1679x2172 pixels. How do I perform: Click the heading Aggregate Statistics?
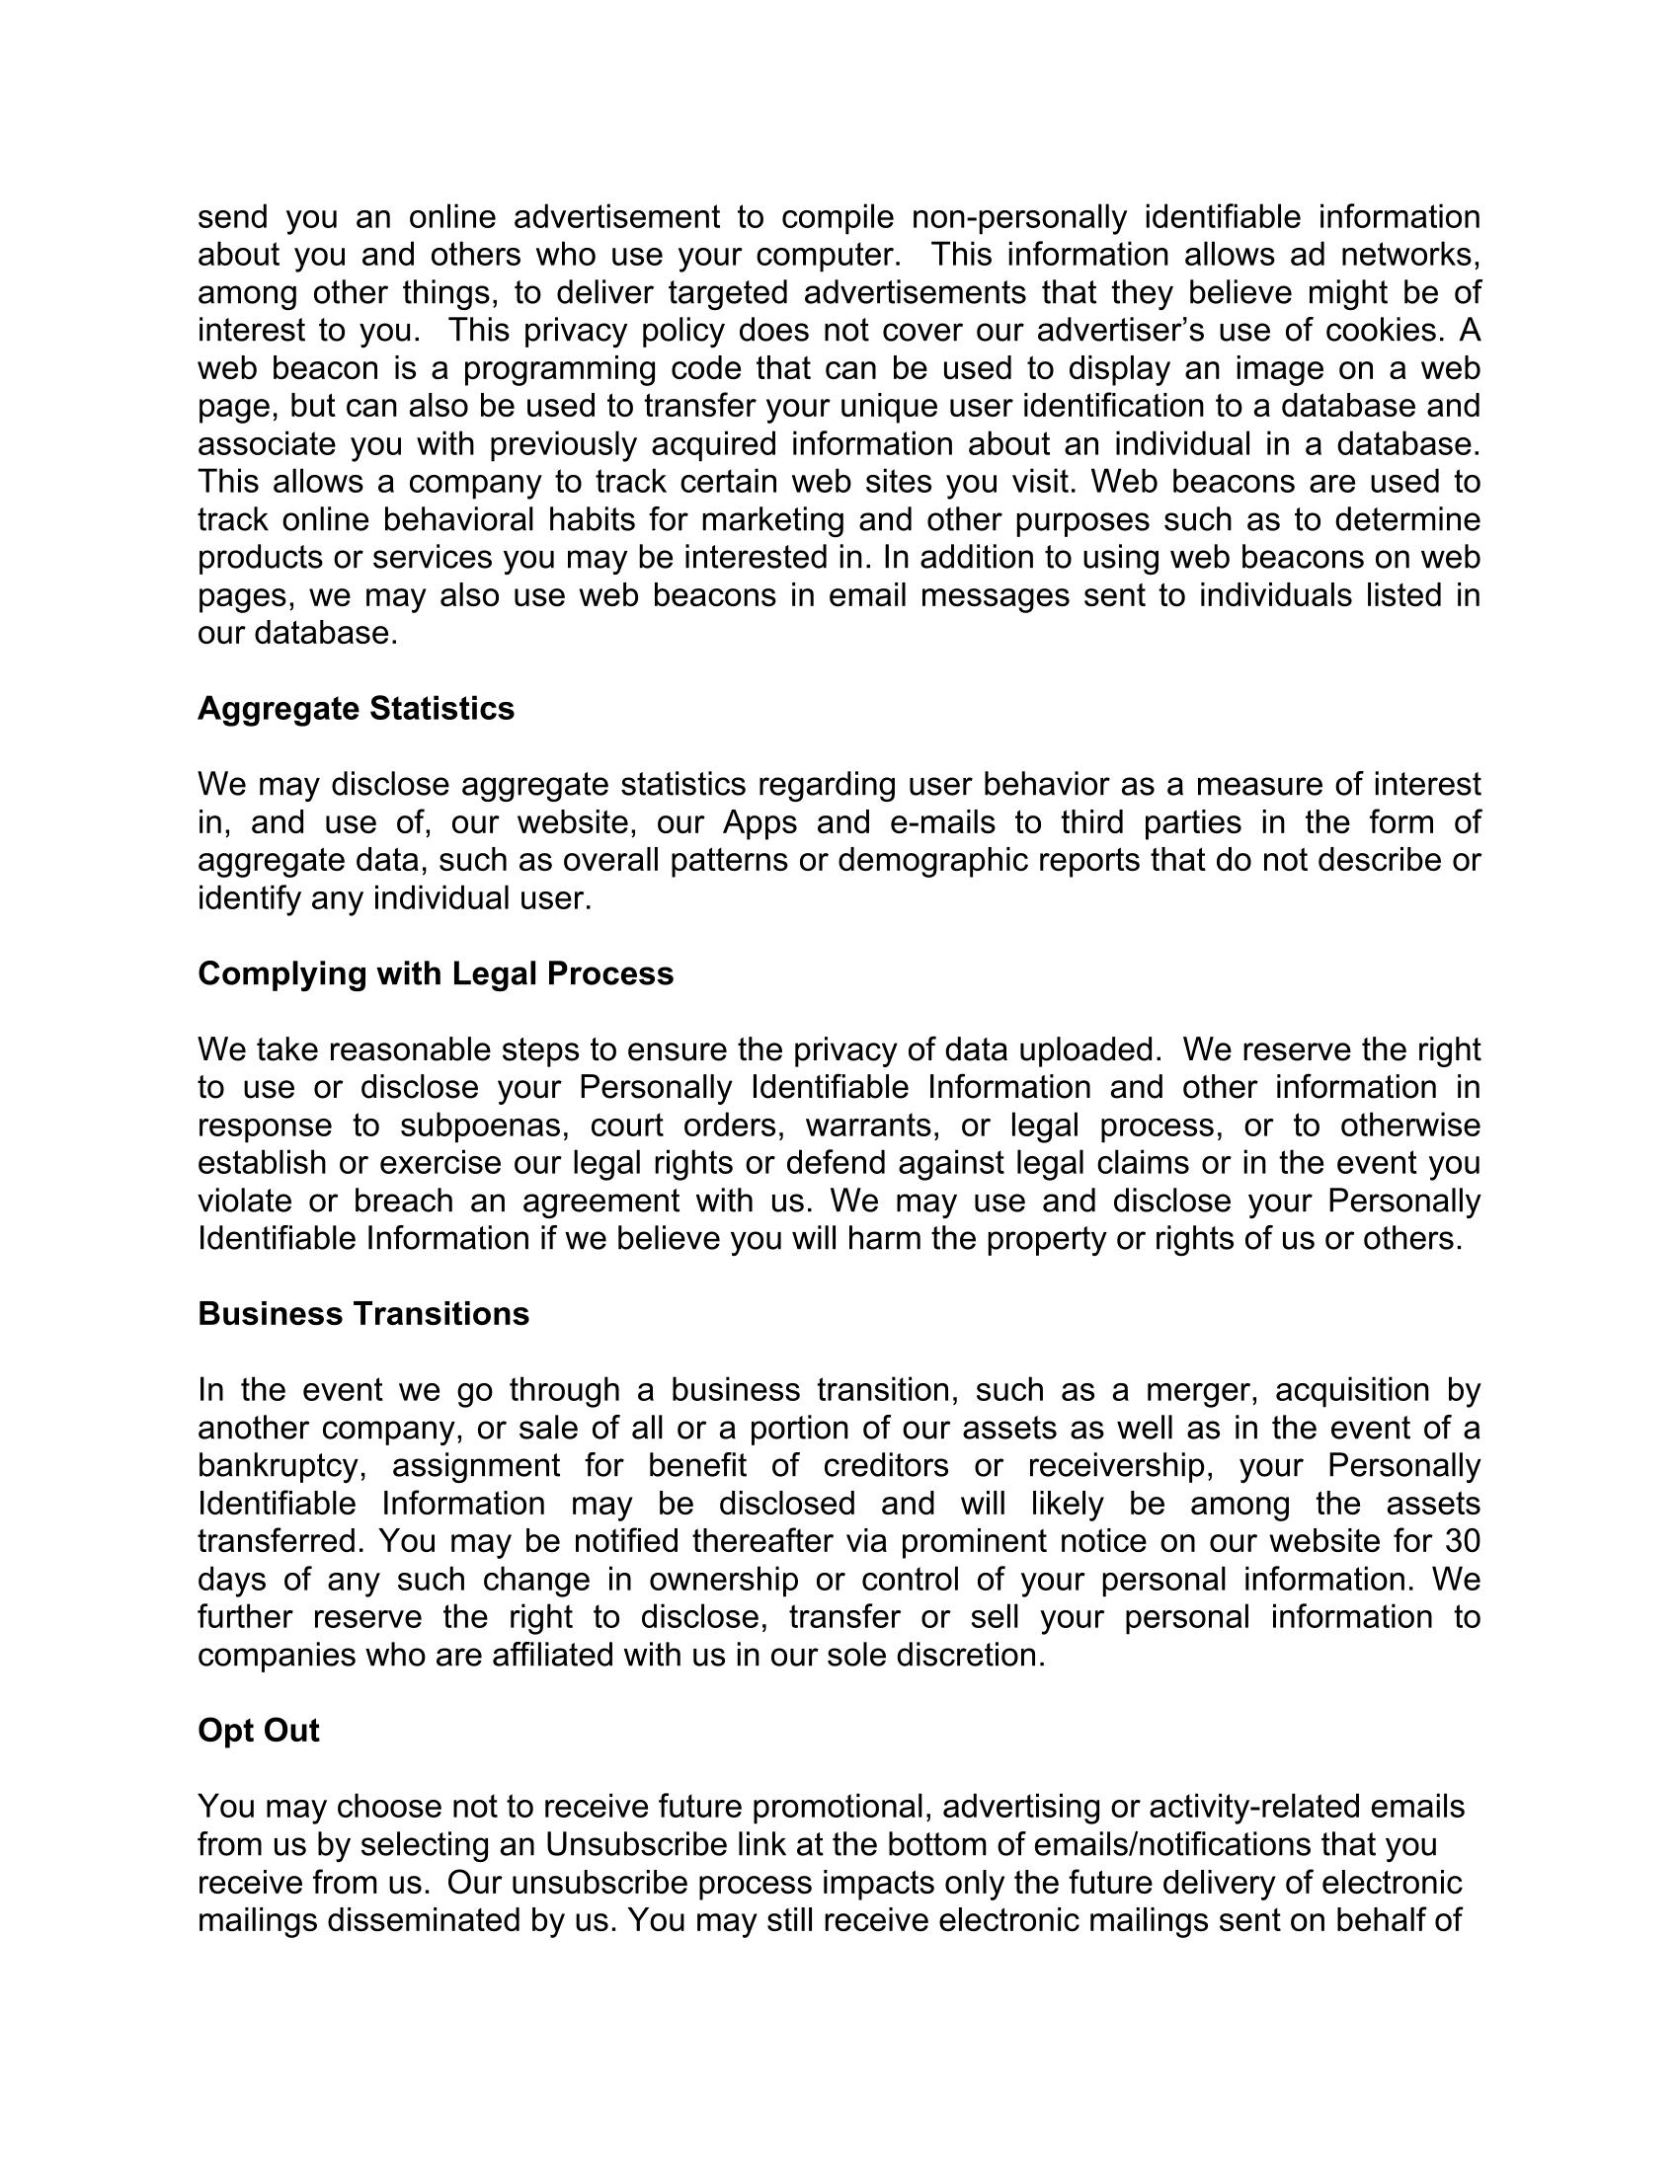click(x=356, y=708)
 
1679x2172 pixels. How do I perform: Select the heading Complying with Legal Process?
click(x=435, y=973)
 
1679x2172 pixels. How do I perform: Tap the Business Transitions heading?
click(x=363, y=1314)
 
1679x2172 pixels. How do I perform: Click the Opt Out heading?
click(x=259, y=1731)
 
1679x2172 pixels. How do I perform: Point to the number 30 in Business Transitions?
click(x=1461, y=1541)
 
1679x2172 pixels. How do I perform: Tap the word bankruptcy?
click(x=281, y=1466)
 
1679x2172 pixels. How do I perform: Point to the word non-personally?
click(x=1019, y=217)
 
